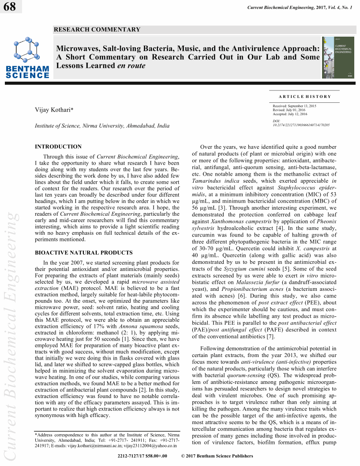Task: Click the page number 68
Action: coord(9,8)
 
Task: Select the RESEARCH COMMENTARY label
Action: coord(97,30)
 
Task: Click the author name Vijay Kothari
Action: coord(53,110)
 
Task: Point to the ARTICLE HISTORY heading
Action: coord(304,97)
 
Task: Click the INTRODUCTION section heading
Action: coord(58,147)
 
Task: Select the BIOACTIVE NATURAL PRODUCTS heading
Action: coord(84,253)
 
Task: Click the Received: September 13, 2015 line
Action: coord(294,106)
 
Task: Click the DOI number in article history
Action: coord(301,125)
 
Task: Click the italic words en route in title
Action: coord(131,66)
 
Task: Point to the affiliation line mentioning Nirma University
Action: coord(102,126)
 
